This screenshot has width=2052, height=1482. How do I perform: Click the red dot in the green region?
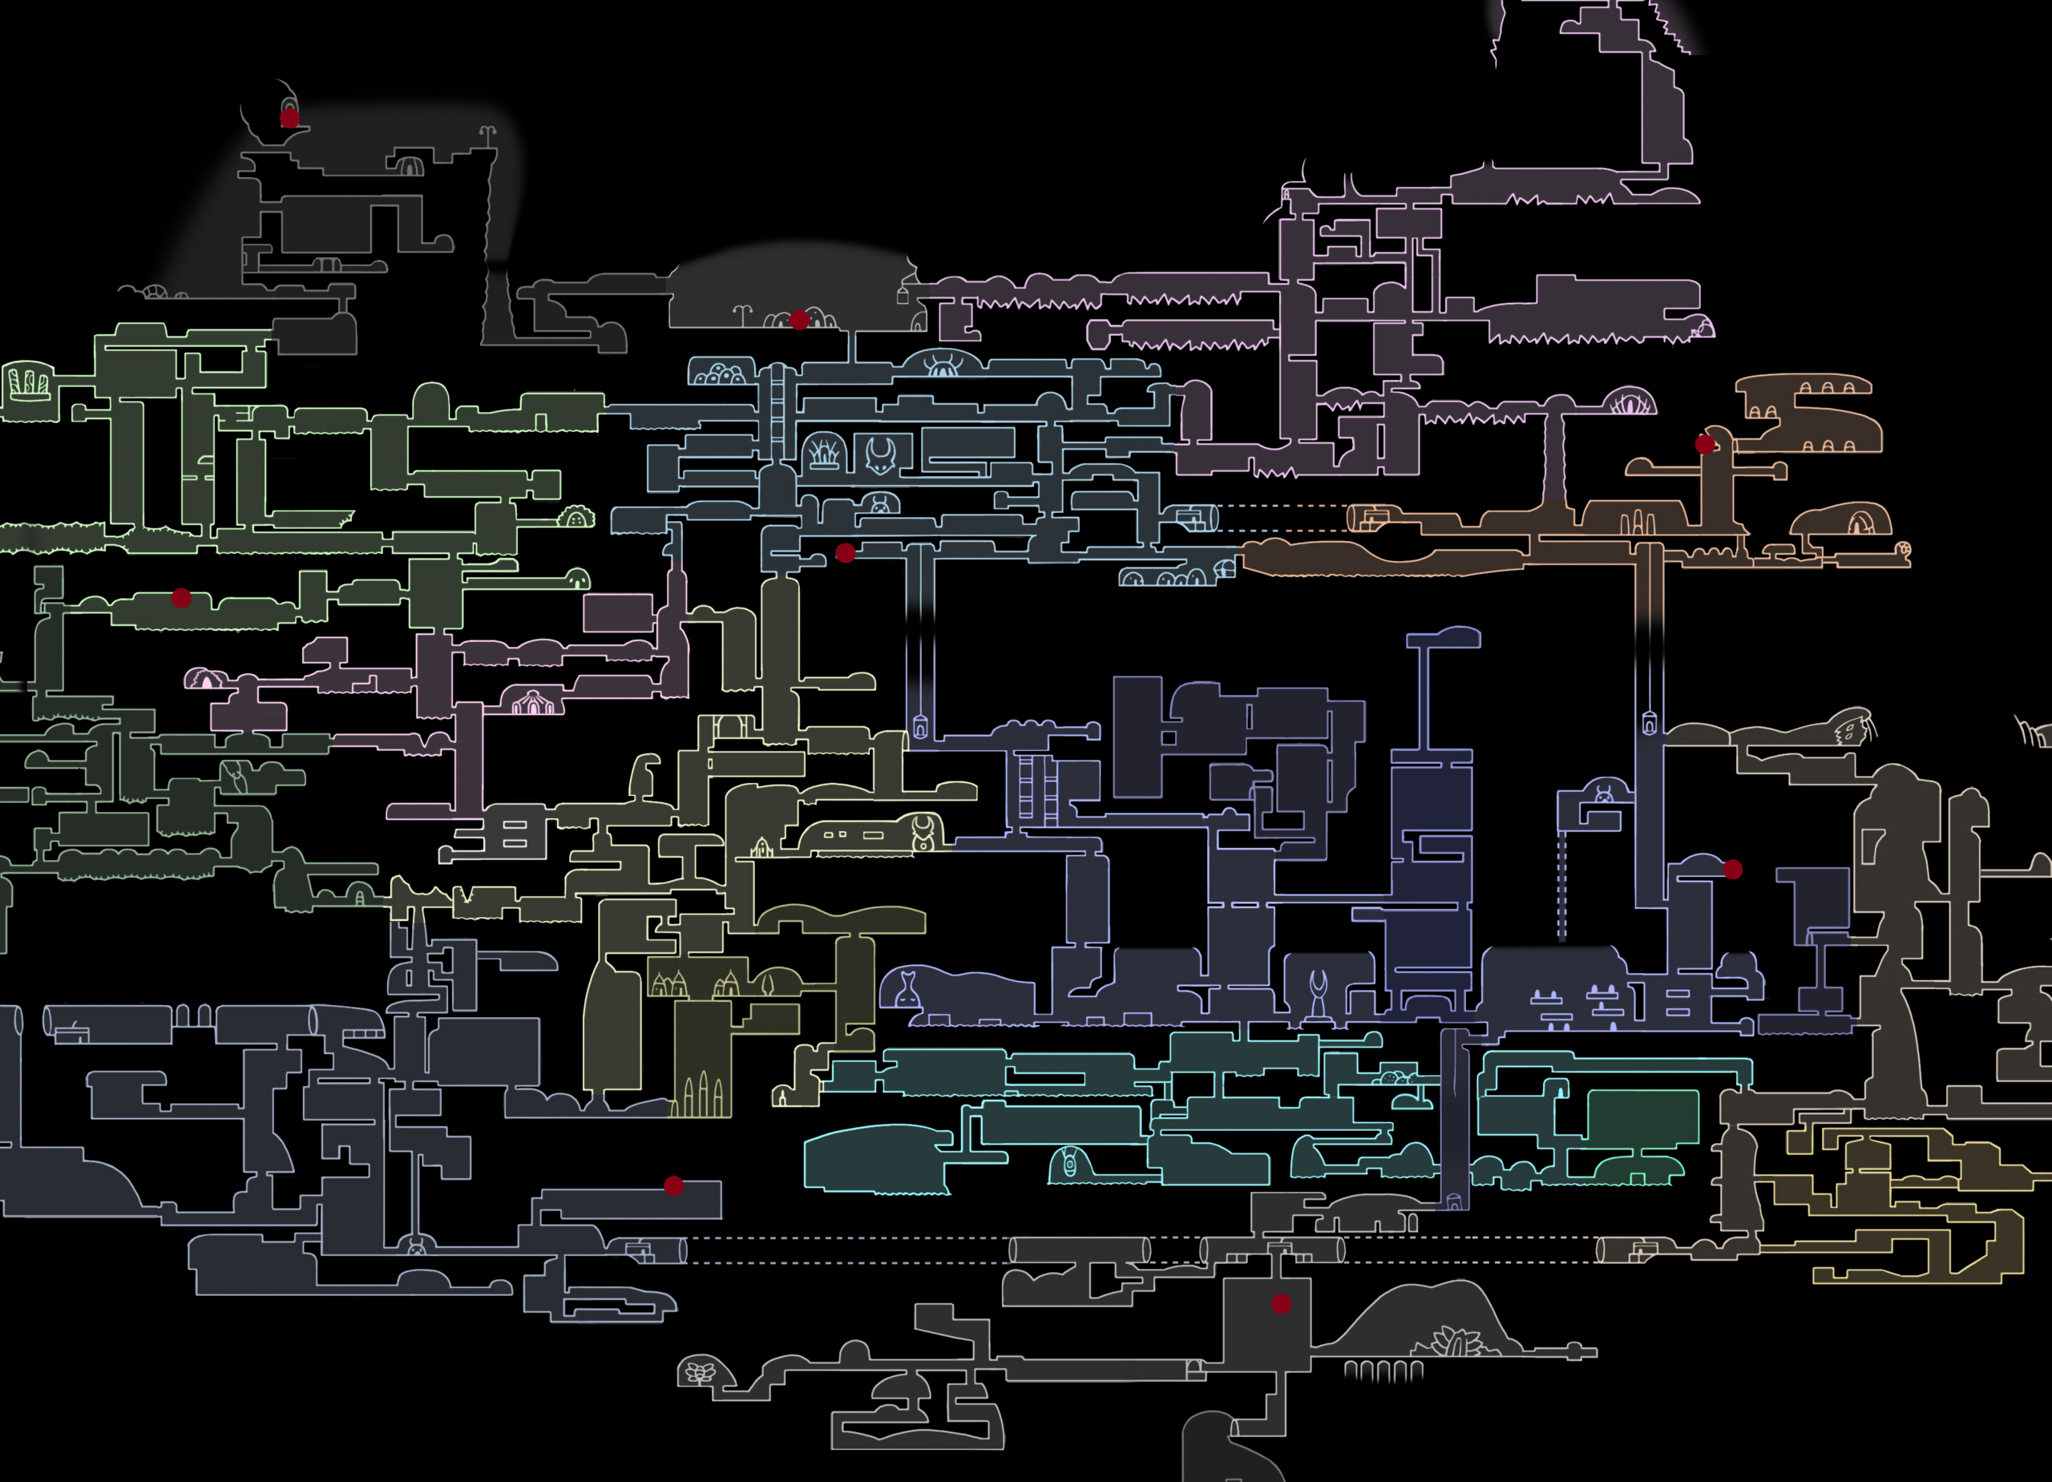click(181, 598)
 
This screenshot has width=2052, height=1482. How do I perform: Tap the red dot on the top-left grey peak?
click(289, 118)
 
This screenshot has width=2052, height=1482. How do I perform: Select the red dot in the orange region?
click(1705, 444)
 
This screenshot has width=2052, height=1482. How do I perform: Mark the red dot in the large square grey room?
click(1281, 1304)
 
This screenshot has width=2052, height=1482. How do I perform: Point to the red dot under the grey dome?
click(800, 319)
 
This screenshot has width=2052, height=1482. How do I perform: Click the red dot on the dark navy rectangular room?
click(673, 1185)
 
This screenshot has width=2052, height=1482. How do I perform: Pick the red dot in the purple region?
click(1733, 870)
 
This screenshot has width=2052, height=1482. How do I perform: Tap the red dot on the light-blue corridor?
click(845, 553)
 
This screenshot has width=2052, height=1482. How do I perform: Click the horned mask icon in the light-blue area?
click(880, 455)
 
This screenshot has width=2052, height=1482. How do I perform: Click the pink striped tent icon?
click(533, 701)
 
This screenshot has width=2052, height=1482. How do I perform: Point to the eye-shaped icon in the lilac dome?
click(1630, 402)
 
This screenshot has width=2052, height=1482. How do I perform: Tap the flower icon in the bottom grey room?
click(697, 1372)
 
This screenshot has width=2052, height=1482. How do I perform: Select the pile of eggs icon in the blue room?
click(721, 374)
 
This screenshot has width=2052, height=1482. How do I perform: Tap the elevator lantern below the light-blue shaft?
click(920, 726)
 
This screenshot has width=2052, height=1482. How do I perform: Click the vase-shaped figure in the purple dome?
click(907, 988)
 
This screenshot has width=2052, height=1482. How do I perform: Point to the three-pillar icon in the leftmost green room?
click(29, 384)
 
